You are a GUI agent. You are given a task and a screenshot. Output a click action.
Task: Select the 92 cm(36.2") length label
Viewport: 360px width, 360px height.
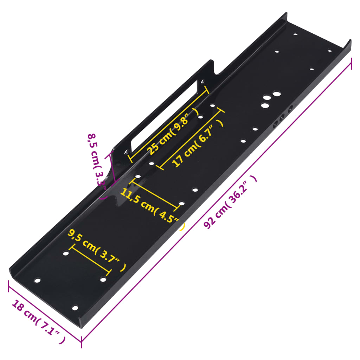tap(230, 202)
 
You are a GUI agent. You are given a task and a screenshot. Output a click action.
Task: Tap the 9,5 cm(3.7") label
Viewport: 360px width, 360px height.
tap(97, 250)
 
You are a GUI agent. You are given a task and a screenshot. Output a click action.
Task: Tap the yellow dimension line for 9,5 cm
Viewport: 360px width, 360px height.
tap(90, 261)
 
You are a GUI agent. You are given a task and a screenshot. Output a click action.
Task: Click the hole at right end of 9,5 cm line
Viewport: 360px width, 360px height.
tap(103, 279)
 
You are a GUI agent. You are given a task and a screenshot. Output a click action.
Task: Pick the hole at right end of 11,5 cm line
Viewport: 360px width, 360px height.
tap(181, 204)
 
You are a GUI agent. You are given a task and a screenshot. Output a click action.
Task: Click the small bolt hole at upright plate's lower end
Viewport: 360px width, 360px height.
tap(126, 152)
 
